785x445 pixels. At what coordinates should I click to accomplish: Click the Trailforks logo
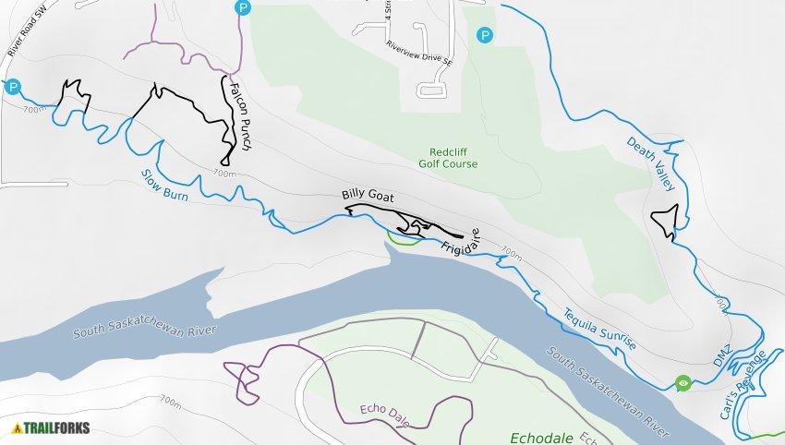40,427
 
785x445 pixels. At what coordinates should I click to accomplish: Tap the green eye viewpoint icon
682,381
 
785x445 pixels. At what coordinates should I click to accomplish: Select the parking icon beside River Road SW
12,87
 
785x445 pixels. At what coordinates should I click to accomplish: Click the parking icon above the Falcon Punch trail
242,7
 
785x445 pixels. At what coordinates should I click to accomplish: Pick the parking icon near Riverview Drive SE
484,35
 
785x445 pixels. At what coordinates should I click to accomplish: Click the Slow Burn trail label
165,182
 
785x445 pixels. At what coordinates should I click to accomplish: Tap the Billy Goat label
368,194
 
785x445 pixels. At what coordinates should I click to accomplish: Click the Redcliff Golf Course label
453,158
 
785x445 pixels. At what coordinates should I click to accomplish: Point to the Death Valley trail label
652,164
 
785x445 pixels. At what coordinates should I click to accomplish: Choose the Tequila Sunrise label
599,327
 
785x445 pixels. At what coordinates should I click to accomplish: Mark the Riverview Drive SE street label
419,54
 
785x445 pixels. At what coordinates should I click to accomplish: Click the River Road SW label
26,37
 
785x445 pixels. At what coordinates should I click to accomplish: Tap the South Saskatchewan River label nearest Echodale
607,391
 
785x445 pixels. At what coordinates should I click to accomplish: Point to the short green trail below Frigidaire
399,241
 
